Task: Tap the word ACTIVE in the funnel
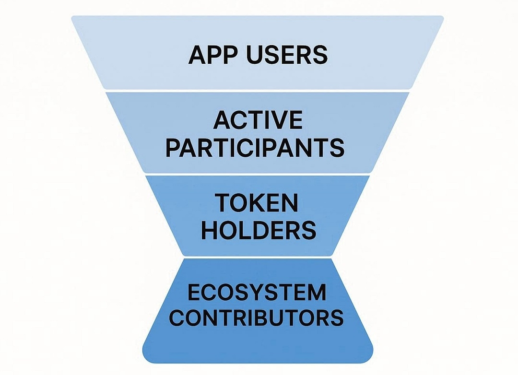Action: point(258,120)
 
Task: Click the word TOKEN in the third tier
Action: point(257,203)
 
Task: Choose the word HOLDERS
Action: point(259,231)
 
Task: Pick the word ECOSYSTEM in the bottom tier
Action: point(257,292)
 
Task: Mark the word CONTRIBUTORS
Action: point(257,318)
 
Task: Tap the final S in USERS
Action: point(320,55)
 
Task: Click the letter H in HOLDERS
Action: point(210,231)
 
